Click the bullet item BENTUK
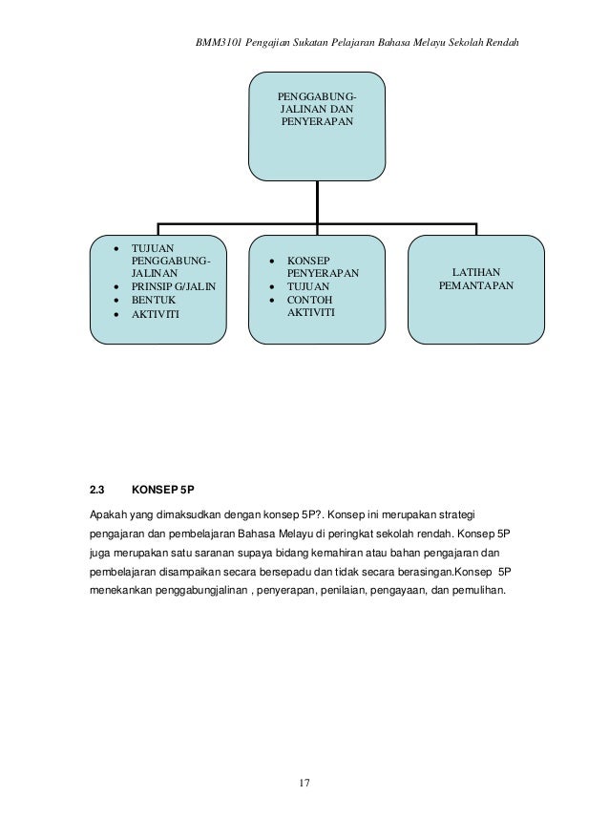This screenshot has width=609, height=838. pyautogui.click(x=153, y=300)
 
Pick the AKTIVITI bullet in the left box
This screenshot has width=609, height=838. pyautogui.click(x=155, y=314)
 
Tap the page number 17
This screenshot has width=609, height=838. pyautogui.click(x=304, y=783)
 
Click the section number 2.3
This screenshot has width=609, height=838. pyautogui.click(x=96, y=491)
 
